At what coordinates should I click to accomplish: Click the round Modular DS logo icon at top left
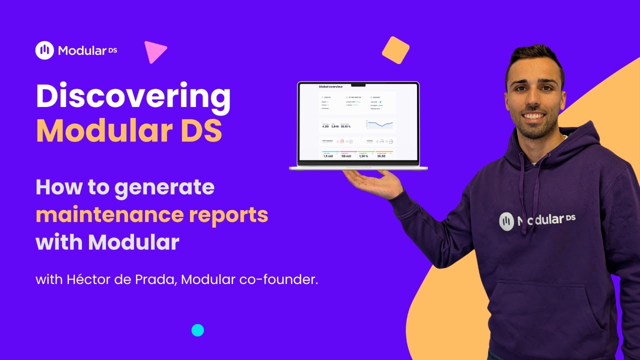point(44,50)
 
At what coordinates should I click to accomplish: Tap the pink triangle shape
point(153,51)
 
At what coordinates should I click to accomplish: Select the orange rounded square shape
point(395,50)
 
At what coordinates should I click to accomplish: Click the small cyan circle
point(198,330)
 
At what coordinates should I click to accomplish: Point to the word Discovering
point(133,96)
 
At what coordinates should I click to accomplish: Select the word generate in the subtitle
point(164,187)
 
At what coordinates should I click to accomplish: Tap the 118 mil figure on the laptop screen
point(346,156)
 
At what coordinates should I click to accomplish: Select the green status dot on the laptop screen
point(380,102)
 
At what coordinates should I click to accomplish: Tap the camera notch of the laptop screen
point(358,85)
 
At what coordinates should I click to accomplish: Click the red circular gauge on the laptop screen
point(342,141)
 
